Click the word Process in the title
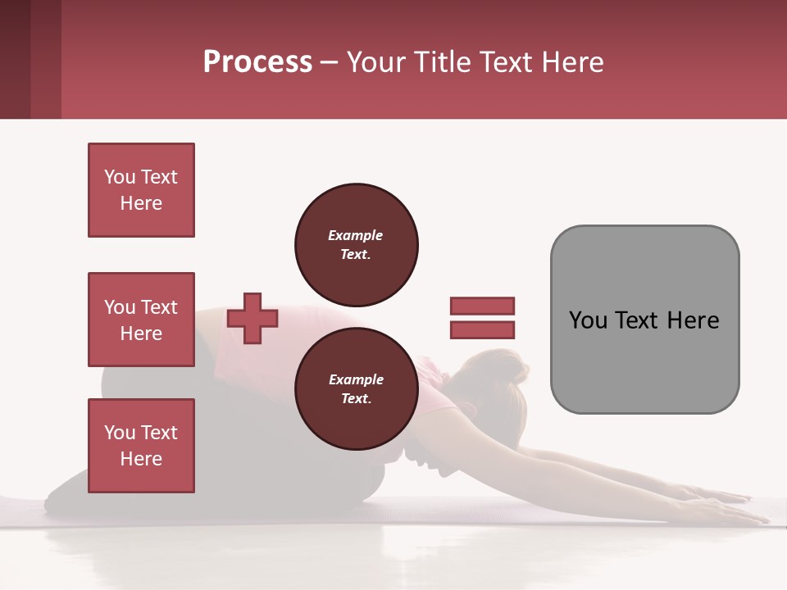[x=257, y=62]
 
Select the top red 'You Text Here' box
[x=141, y=190]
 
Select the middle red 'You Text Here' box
[x=141, y=320]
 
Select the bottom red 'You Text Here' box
[x=141, y=446]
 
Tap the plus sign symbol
[x=252, y=318]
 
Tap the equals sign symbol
[x=482, y=318]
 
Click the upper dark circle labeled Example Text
[x=356, y=245]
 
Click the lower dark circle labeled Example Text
[x=356, y=389]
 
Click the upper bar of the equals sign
[x=482, y=306]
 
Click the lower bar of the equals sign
[x=482, y=330]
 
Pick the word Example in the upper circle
[x=356, y=235]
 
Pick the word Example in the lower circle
[x=356, y=379]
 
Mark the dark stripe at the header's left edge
[x=15, y=59]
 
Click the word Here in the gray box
[x=693, y=320]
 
